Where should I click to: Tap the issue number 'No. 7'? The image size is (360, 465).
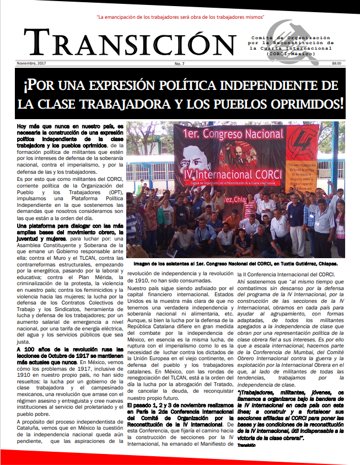180,64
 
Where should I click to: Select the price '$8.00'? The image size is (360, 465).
336,64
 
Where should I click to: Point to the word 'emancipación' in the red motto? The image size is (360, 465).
130,18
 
